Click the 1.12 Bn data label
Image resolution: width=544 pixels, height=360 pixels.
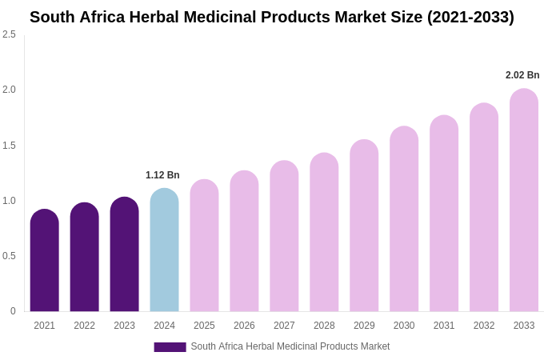[x=162, y=175]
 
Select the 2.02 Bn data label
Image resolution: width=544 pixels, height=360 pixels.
[x=522, y=75]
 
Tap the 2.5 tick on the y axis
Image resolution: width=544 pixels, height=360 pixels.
[x=9, y=34]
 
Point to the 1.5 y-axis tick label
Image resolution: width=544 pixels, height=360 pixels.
[x=9, y=146]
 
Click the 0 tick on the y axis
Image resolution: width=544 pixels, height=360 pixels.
[x=13, y=311]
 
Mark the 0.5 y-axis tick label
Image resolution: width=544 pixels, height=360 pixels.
[x=9, y=256]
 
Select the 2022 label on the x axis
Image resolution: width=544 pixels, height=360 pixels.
[x=84, y=326]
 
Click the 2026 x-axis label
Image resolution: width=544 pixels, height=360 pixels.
[x=244, y=326]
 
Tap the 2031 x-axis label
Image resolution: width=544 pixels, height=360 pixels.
[x=444, y=326]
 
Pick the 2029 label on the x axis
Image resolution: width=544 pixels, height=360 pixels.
[x=364, y=326]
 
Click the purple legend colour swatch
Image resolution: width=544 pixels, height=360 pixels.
[x=170, y=347]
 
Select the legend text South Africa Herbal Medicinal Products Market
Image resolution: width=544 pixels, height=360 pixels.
[x=290, y=346]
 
